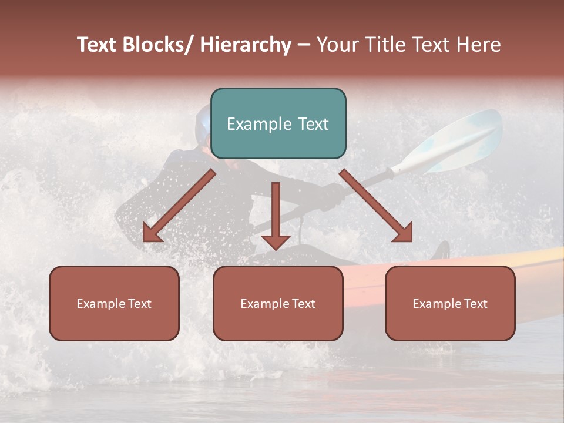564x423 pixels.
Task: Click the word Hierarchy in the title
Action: [x=246, y=45]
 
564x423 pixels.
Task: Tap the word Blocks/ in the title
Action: [x=156, y=45]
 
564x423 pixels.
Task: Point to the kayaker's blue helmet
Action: [x=203, y=120]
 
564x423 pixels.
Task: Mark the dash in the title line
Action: [x=304, y=45]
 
